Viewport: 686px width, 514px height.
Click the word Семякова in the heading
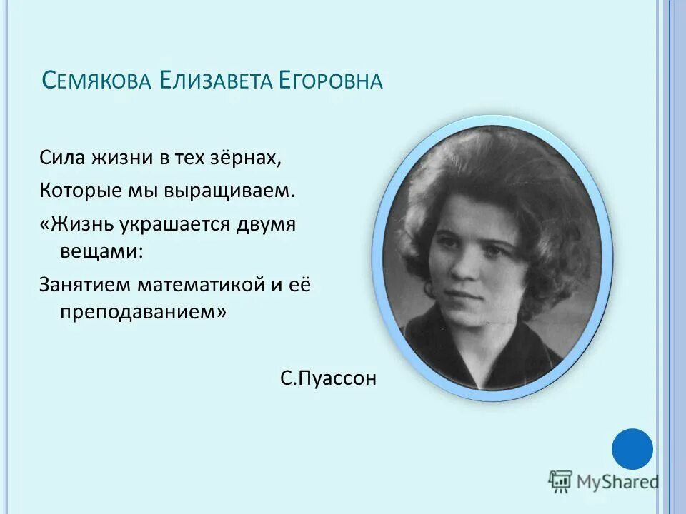pos(96,80)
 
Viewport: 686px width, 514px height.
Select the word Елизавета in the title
pos(217,80)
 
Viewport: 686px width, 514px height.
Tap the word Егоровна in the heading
pos(333,80)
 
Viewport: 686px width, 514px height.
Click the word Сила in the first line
pos(62,158)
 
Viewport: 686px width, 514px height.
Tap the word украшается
pos(178,224)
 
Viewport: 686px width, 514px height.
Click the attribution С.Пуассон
pos(328,378)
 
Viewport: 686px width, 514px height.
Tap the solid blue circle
pos(632,449)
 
